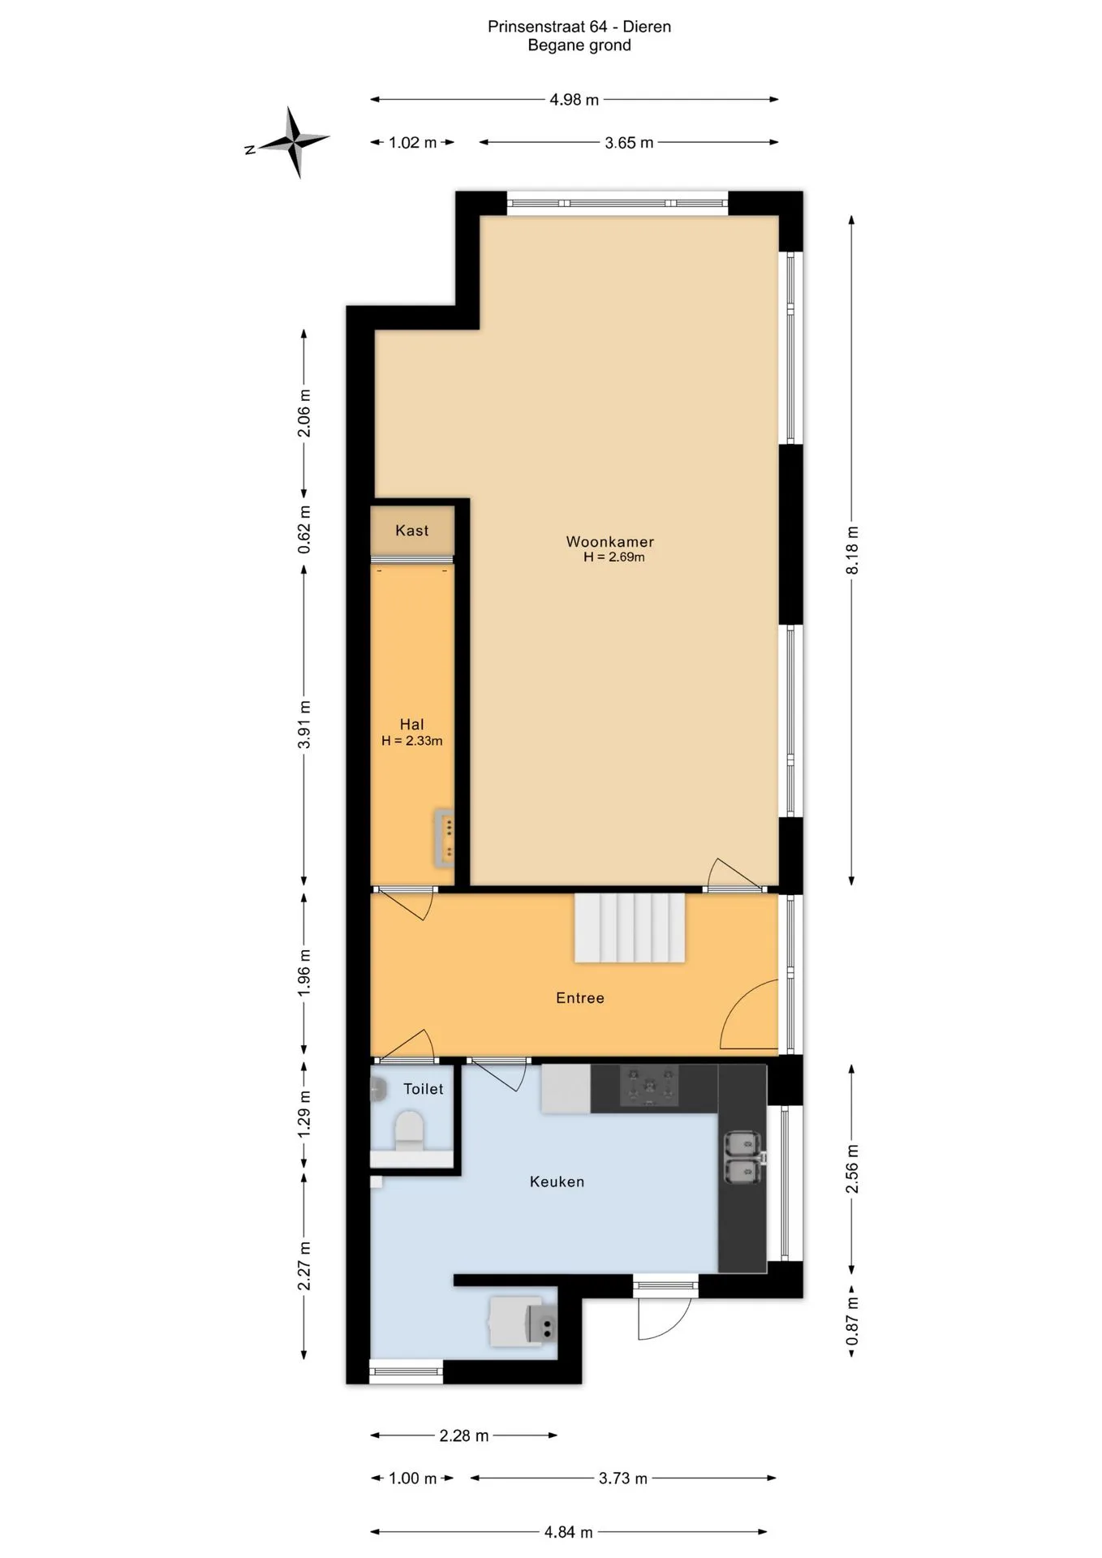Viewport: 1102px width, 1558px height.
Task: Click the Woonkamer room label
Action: pyautogui.click(x=609, y=541)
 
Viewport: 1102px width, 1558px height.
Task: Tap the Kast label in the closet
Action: pyautogui.click(x=411, y=531)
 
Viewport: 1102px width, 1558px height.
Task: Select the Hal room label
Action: pyautogui.click(x=411, y=725)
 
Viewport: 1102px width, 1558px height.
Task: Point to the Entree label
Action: pyautogui.click(x=579, y=998)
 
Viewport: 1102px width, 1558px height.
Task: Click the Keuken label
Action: pyautogui.click(x=557, y=1181)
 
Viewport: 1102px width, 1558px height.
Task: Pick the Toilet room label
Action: pyautogui.click(x=423, y=1089)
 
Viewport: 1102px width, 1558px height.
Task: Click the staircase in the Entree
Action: pyautogui.click(x=630, y=928)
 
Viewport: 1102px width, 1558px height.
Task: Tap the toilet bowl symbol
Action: pyautogui.click(x=409, y=1130)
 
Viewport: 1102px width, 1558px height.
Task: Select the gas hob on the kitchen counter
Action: pyautogui.click(x=648, y=1086)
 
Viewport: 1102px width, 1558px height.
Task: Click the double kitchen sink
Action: pyautogui.click(x=743, y=1157)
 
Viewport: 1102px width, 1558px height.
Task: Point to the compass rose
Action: pyautogui.click(x=291, y=143)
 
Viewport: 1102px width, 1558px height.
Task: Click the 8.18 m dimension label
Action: pyautogui.click(x=852, y=550)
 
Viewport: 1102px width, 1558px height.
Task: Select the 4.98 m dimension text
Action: pyautogui.click(x=575, y=100)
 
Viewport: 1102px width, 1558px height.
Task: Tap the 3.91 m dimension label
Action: pyautogui.click(x=304, y=725)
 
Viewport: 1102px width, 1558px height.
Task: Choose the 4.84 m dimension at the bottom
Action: pyautogui.click(x=568, y=1532)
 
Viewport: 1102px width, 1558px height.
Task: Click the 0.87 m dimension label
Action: pyautogui.click(x=852, y=1321)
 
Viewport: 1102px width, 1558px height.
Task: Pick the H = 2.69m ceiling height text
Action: pyautogui.click(x=613, y=557)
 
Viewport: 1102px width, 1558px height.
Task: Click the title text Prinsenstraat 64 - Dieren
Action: pyautogui.click(x=579, y=27)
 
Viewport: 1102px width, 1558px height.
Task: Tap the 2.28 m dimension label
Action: pyautogui.click(x=464, y=1435)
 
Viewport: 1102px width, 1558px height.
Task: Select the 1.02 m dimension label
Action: pyautogui.click(x=412, y=143)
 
